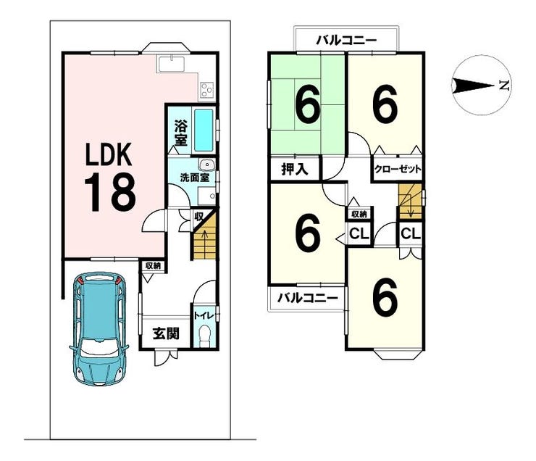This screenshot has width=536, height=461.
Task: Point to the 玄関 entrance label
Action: pyautogui.click(x=165, y=334)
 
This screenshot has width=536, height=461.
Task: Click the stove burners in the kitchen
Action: pyautogui.click(x=207, y=91)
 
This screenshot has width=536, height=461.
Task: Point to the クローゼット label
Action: pyautogui.click(x=398, y=169)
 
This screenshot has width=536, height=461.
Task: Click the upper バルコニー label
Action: pyautogui.click(x=346, y=40)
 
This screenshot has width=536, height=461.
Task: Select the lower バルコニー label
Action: pyautogui.click(x=307, y=298)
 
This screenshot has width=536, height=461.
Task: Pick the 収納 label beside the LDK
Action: pyautogui.click(x=152, y=266)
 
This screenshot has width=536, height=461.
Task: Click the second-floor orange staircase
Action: pyautogui.click(x=409, y=200)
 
